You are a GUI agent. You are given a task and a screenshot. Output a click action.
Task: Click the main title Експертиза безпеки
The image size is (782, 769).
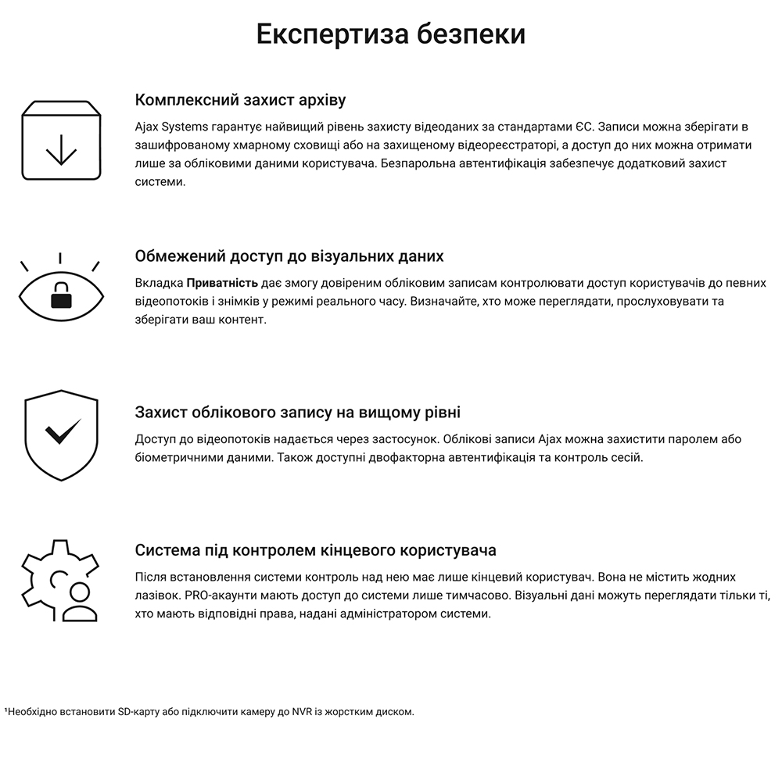tap(391, 35)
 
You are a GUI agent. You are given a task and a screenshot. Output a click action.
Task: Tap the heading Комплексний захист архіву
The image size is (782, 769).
tap(240, 100)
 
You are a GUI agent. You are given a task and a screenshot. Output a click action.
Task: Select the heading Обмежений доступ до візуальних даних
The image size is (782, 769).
tap(289, 256)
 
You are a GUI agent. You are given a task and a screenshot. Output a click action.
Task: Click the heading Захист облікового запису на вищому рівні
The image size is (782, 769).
tap(298, 413)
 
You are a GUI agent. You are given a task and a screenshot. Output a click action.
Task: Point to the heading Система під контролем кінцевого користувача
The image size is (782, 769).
tap(315, 550)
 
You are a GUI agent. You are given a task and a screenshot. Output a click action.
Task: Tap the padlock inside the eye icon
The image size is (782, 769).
tap(61, 296)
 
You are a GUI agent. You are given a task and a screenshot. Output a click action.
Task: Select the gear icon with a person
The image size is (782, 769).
tap(61, 581)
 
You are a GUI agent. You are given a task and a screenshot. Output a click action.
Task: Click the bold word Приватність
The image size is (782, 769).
tap(222, 283)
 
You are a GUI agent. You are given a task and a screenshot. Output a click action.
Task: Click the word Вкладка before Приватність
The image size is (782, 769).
tap(159, 283)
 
